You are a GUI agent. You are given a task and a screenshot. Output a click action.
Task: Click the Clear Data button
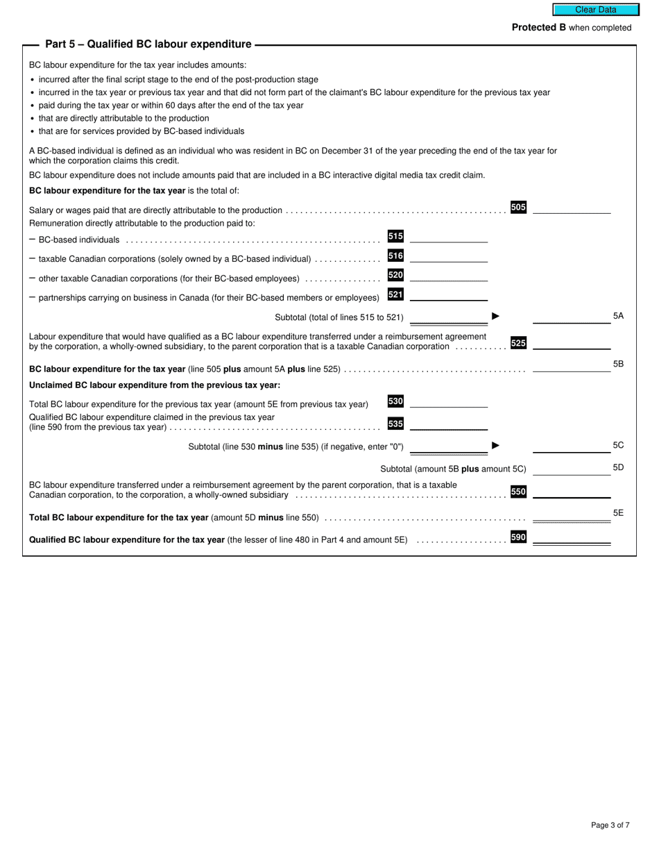[595, 10]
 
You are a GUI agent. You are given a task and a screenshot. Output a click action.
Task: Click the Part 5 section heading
[148, 44]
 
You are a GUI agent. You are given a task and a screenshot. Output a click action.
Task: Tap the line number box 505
[518, 207]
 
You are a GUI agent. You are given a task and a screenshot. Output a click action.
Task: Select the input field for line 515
[449, 236]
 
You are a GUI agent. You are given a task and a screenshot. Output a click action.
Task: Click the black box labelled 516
[395, 256]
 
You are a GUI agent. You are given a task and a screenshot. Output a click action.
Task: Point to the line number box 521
[395, 294]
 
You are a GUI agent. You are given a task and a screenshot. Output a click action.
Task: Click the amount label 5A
[618, 316]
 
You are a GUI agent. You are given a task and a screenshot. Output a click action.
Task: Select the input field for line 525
[571, 342]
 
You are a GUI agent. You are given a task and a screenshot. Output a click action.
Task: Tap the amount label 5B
[618, 364]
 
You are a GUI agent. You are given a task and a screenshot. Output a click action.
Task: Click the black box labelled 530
[395, 401]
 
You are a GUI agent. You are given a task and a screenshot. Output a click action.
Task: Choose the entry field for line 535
[449, 424]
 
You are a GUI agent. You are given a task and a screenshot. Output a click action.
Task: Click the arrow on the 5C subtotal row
[495, 445]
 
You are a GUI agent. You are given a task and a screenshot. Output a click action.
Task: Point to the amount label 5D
[618, 467]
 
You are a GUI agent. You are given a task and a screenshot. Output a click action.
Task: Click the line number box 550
[518, 492]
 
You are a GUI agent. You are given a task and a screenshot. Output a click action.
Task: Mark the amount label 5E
[618, 513]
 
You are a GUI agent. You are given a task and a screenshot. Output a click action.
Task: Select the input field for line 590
[571, 537]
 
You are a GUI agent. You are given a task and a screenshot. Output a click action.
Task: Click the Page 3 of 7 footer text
[610, 825]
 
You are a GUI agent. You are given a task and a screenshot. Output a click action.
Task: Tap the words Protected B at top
[539, 28]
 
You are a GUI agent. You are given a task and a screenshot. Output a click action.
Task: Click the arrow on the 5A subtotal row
[495, 316]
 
